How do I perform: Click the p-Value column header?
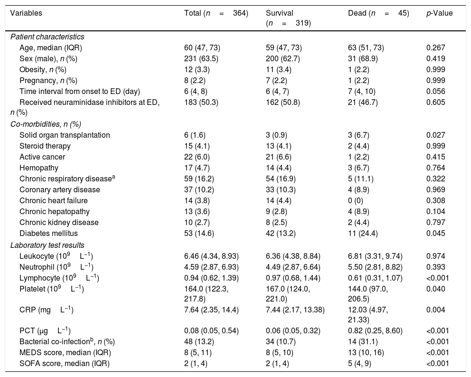(439, 13)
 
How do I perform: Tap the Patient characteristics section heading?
(47, 37)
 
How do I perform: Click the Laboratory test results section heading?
(47, 245)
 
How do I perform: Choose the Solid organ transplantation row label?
(65, 135)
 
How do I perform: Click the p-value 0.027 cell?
(436, 135)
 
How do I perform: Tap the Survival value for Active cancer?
(279, 157)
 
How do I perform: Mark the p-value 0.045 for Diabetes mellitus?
(436, 234)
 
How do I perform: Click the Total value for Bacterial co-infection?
(199, 342)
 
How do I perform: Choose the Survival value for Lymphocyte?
(289, 278)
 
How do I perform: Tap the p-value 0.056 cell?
(436, 91)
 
